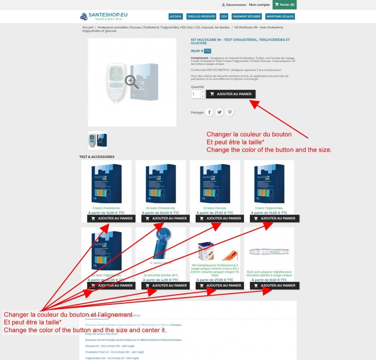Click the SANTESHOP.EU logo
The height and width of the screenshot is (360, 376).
coord(104,16)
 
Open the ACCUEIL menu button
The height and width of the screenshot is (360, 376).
coord(176,16)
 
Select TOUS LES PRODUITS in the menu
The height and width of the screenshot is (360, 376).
coord(201,16)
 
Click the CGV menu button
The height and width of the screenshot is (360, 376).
coord(224,16)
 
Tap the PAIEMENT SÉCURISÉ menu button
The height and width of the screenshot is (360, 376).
coord(247,16)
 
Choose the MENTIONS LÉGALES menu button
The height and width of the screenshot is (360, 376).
coord(280,16)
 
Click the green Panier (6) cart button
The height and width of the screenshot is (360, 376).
coord(284,5)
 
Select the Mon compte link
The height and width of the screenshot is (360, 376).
coord(259,5)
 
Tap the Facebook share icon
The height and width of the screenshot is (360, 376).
coord(209,112)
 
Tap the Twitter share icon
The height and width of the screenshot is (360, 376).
coord(220,112)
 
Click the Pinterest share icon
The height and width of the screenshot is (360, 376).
coord(230,112)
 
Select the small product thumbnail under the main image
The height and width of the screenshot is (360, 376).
coord(98,140)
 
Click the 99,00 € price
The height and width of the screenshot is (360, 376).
coord(197,51)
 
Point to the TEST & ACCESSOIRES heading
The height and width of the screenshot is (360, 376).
coord(97,157)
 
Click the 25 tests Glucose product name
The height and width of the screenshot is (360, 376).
coord(214,208)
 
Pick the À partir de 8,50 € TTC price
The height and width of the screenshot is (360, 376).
coord(269,280)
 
